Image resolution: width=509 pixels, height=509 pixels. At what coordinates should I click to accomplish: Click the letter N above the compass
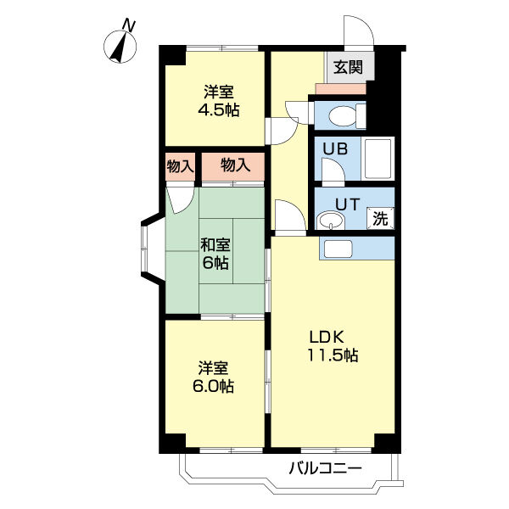tap(129, 25)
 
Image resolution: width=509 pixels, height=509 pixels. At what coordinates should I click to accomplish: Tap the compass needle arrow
tap(120, 46)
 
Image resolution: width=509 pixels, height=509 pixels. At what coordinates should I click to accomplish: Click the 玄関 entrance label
tap(349, 68)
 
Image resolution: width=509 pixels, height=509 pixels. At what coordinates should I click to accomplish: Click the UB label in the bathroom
tap(335, 148)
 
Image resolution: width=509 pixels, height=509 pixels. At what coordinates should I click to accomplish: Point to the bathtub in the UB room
tap(378, 159)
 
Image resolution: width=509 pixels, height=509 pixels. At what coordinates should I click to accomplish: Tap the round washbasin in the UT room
tap(331, 221)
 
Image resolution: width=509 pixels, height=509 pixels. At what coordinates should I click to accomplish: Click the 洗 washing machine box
tap(380, 218)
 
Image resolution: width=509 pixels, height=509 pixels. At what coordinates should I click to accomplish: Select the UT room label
tap(347, 204)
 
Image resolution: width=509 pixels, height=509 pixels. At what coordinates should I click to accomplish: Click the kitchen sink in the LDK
tap(338, 249)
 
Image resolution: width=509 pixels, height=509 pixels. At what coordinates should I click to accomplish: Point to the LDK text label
tap(327, 338)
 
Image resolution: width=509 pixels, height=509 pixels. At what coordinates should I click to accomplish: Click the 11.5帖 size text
tap(333, 355)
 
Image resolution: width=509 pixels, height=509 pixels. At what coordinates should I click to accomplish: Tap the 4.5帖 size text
tap(219, 110)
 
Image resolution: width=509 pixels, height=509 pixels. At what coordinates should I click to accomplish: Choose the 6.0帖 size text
tap(213, 386)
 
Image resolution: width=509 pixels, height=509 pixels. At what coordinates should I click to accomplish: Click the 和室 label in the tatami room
tap(215, 245)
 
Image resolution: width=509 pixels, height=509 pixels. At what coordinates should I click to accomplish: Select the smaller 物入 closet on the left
tap(180, 167)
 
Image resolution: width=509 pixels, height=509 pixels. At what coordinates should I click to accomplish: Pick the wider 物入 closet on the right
tap(233, 167)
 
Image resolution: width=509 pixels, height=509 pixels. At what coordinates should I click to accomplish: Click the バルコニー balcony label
tap(325, 468)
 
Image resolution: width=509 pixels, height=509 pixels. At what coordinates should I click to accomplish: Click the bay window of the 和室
tap(152, 249)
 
